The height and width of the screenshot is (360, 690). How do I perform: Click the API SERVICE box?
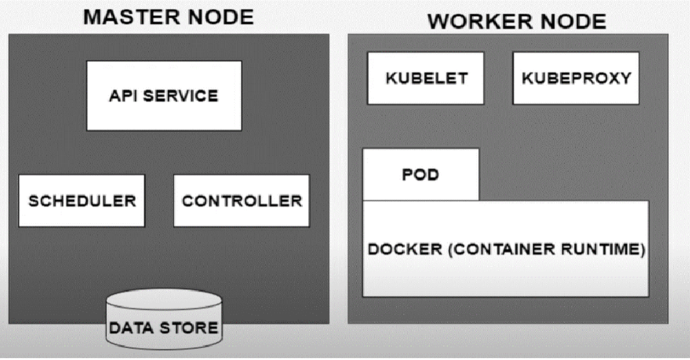(164, 95)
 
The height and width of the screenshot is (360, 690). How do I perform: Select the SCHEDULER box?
(82, 201)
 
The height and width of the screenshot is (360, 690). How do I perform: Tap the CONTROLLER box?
(241, 201)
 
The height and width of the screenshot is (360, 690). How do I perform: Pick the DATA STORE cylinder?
(163, 321)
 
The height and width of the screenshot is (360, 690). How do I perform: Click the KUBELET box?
(426, 78)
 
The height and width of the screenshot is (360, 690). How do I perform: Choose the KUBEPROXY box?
(575, 78)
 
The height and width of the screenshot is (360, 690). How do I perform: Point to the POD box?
(421, 175)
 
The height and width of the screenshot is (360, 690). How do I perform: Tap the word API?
(121, 96)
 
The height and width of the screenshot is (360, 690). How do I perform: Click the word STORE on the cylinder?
(191, 328)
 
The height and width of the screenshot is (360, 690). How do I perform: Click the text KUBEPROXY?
(576, 79)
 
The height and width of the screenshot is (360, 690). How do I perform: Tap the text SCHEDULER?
(82, 201)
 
